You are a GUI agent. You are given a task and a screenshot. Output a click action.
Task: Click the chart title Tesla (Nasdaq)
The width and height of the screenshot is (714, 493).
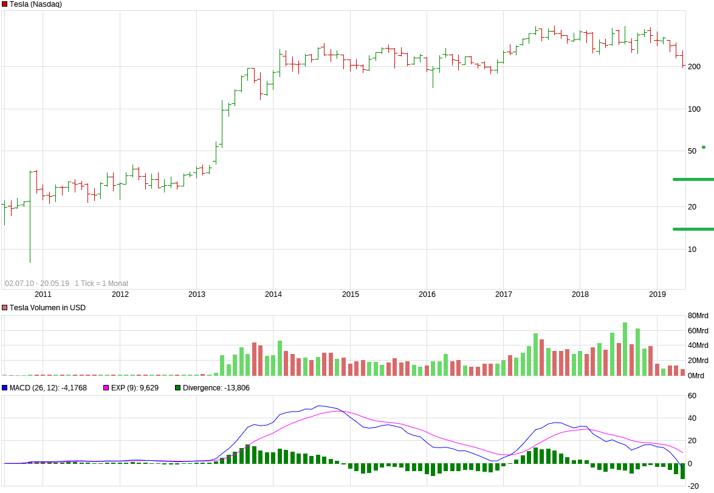(35, 4)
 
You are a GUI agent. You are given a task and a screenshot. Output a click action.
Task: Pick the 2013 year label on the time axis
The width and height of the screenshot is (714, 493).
(197, 294)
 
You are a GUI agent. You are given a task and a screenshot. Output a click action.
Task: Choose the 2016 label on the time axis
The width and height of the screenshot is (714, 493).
(427, 294)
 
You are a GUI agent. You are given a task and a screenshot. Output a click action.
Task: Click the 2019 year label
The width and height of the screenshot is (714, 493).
(657, 294)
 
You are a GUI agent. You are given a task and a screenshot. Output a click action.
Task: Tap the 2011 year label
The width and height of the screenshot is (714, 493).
(43, 294)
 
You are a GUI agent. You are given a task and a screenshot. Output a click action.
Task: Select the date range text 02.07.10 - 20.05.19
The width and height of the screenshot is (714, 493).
(37, 284)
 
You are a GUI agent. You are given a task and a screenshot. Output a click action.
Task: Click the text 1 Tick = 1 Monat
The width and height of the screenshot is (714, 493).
(101, 284)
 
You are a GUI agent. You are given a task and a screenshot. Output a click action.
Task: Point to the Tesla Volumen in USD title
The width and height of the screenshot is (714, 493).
(47, 308)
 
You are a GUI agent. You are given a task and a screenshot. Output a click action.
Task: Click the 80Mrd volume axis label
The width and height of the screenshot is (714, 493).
(698, 316)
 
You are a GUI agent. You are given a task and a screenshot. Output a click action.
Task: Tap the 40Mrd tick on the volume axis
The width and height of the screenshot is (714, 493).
(698, 346)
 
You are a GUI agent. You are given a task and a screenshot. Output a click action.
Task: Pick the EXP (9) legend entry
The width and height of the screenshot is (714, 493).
(134, 388)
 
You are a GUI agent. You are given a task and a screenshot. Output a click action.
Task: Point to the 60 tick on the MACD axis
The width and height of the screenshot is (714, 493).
(692, 396)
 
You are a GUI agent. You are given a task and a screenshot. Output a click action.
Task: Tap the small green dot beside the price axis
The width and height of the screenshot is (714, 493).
(704, 147)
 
